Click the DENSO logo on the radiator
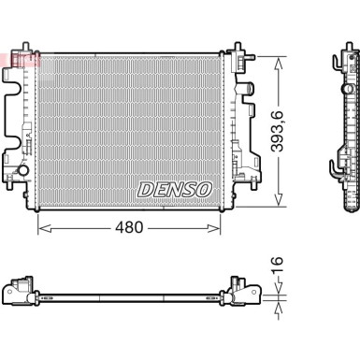click(x=175, y=190)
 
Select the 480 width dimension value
click(x=129, y=227)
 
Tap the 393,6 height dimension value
click(x=277, y=131)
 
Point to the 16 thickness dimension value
click(x=277, y=265)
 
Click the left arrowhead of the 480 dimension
click(x=44, y=228)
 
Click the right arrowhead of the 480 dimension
click(x=214, y=228)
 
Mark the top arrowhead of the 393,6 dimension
click(x=278, y=64)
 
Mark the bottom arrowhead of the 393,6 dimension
click(x=278, y=199)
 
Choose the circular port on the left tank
click(x=23, y=170)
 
